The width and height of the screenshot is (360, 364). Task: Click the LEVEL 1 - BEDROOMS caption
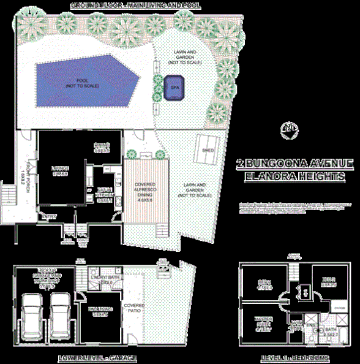click(295, 357)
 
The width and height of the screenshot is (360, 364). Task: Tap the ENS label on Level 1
click(312, 325)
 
